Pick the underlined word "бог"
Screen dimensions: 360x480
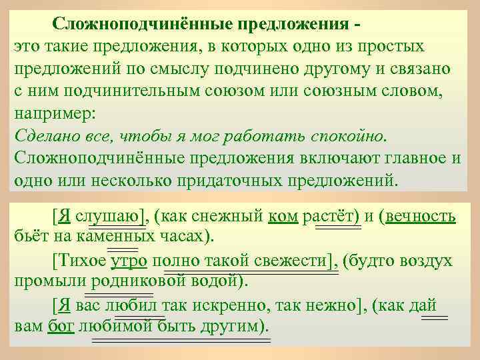coord(59,327)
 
